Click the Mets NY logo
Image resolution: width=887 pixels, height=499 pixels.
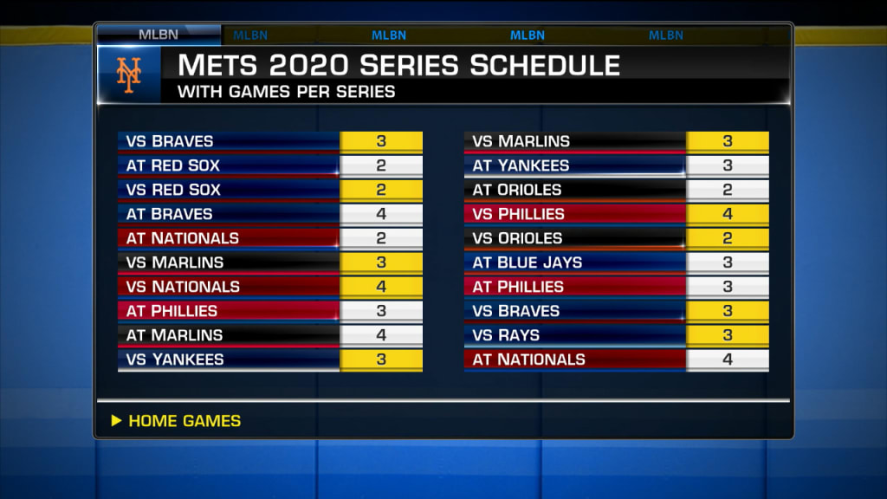click(128, 75)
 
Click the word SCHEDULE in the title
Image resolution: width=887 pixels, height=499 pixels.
click(545, 65)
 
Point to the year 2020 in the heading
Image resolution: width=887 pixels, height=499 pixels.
click(309, 65)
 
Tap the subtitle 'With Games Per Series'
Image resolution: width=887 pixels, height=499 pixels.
click(286, 92)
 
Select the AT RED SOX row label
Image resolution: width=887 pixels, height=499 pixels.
click(172, 165)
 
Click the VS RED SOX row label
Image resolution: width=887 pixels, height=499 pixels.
click(173, 190)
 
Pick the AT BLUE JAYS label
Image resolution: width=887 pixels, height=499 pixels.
click(528, 262)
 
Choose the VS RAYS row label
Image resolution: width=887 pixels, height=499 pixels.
click(506, 335)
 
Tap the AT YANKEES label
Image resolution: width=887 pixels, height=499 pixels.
click(521, 165)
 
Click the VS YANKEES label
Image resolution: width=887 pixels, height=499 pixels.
click(175, 360)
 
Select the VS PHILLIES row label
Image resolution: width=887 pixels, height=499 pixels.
click(518, 215)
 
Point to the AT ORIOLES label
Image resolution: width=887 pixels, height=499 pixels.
click(516, 190)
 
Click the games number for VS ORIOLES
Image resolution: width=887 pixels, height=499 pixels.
click(728, 238)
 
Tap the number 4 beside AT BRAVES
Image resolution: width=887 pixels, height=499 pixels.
click(381, 214)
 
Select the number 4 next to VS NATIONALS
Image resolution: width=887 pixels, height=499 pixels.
click(381, 287)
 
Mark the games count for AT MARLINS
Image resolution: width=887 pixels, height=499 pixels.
click(381, 335)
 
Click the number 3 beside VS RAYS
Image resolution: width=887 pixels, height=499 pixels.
click(728, 335)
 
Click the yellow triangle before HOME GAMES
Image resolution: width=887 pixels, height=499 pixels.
click(117, 420)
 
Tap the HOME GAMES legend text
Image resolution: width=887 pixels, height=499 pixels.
click(185, 421)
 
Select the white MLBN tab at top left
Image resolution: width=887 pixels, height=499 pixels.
click(159, 35)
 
